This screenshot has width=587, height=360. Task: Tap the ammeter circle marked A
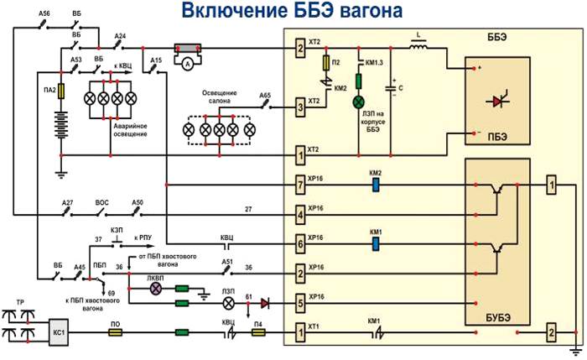click(189, 62)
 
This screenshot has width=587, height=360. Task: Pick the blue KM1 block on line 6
click(376, 244)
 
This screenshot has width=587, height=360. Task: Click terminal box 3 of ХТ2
click(299, 107)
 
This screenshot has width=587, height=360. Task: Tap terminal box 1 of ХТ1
click(299, 332)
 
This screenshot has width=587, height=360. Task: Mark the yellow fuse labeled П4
click(258, 332)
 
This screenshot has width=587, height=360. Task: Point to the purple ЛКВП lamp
click(155, 288)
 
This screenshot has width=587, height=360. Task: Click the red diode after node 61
click(266, 303)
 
